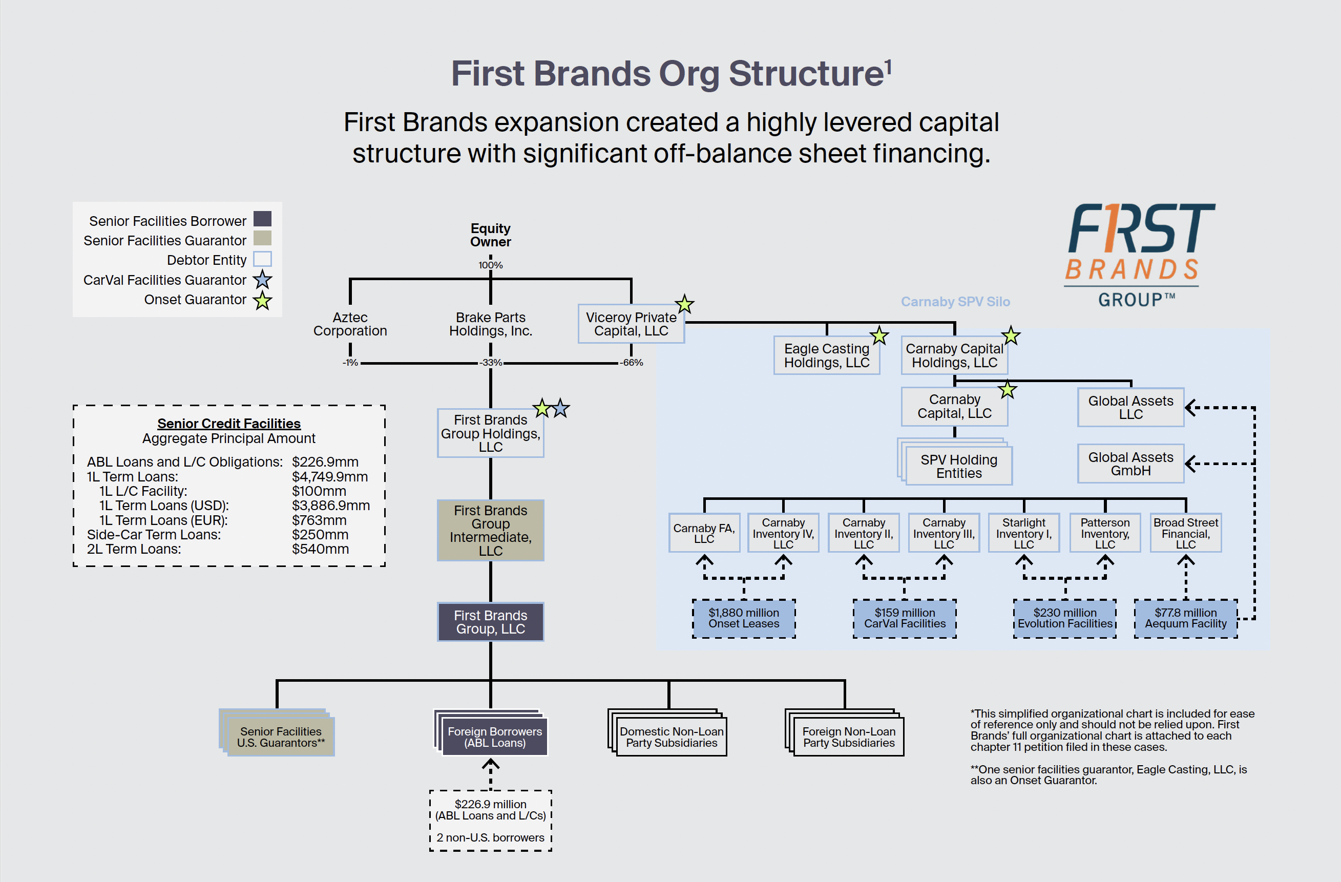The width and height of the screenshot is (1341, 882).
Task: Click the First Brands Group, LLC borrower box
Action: point(490,622)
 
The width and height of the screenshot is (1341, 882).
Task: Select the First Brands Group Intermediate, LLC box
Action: point(490,530)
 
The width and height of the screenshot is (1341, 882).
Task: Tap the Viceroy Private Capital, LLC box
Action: point(631,324)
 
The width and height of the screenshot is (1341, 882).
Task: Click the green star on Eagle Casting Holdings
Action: point(879,336)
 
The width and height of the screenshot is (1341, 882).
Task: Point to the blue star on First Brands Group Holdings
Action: point(560,408)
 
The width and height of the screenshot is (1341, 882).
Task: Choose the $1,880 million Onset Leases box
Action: point(743,618)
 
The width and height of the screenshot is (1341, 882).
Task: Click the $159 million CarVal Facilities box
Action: point(905,618)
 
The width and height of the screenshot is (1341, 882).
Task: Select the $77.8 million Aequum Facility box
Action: point(1185,618)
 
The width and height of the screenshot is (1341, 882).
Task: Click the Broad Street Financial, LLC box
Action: point(1185,533)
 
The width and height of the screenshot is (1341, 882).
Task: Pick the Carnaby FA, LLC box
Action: point(704,533)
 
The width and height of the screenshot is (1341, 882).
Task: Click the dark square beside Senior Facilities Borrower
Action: point(263,219)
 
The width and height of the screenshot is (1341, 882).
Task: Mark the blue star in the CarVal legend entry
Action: point(263,280)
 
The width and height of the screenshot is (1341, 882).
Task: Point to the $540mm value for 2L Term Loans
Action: point(320,549)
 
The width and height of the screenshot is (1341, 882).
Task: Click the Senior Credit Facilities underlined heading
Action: point(229,423)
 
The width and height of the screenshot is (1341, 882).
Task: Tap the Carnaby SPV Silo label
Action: point(955,302)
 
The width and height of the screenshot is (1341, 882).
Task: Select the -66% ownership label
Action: point(632,363)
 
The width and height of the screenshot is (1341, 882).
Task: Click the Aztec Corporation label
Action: point(350,324)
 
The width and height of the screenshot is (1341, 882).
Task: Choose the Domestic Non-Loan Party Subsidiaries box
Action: point(671,737)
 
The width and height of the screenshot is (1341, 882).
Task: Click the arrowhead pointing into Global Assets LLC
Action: point(1190,408)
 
